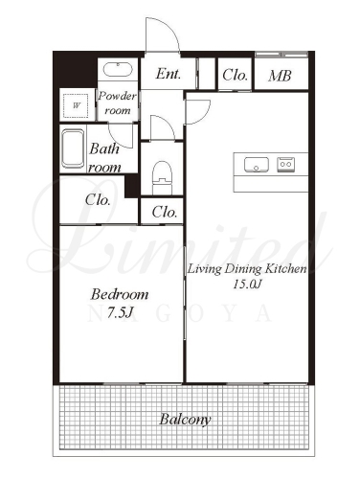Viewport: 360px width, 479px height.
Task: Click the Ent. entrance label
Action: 169,74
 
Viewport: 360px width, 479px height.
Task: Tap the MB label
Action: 280,76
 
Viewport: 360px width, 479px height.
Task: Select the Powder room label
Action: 118,103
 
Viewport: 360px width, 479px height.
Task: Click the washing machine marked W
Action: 77,105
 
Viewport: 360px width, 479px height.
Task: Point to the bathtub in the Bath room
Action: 73,148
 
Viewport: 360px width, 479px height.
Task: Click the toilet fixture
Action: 162,177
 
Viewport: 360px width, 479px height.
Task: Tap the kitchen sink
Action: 257,165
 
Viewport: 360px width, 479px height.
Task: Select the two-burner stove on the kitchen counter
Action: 285,164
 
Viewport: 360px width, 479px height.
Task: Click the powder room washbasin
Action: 118,70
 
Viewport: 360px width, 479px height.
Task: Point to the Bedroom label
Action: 120,294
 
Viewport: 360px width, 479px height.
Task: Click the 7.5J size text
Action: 120,313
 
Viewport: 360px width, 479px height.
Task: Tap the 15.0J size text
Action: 247,284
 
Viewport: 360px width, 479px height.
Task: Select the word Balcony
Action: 185,420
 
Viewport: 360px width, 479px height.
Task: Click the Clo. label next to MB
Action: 236,76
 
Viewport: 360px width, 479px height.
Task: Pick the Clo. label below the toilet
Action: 165,212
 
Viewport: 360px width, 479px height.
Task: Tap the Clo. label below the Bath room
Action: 98,200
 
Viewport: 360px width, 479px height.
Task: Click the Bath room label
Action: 104,158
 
